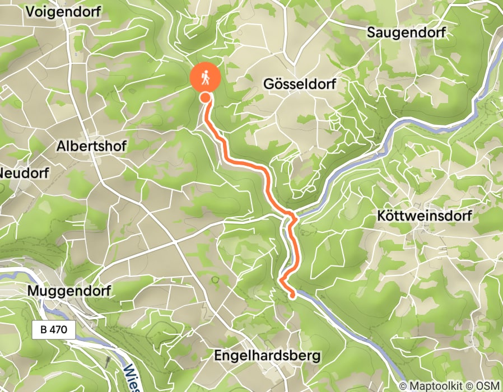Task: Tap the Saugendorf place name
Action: tap(406, 32)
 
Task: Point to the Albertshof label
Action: tap(92, 146)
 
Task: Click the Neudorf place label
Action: tap(24, 172)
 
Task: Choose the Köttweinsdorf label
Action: tap(425, 216)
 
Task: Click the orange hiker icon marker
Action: tap(206, 78)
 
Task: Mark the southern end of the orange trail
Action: tap(293, 295)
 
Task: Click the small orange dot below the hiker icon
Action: tap(206, 98)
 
